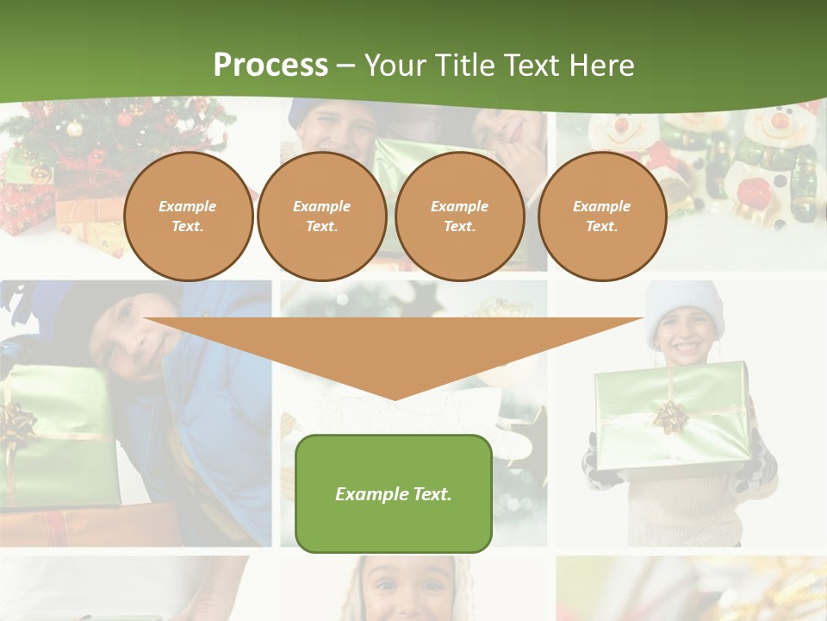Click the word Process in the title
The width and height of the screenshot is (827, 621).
point(270,66)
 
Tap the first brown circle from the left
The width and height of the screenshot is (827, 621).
point(188,216)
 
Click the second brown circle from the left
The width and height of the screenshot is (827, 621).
point(321,216)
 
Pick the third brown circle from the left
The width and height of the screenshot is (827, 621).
point(459,216)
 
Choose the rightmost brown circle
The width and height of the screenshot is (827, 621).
point(601,216)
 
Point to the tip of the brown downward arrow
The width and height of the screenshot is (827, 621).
point(394,398)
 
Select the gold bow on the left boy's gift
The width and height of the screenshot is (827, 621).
point(16,425)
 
